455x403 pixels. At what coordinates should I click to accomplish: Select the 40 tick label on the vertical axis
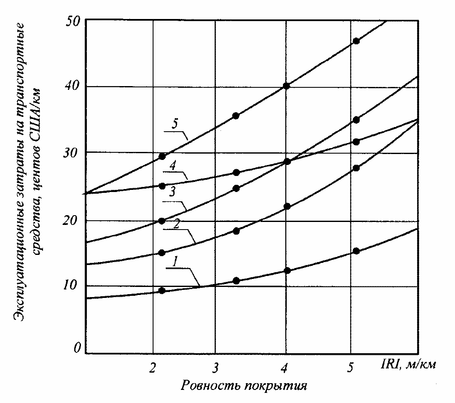coord(74,86)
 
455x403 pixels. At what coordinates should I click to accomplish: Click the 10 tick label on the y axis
coord(74,285)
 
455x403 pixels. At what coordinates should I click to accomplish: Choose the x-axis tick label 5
coord(350,368)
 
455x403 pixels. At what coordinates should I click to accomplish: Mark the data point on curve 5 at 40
coord(287,86)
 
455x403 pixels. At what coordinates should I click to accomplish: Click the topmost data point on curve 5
coord(356,41)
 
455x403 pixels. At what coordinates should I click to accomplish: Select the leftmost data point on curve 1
coord(162,290)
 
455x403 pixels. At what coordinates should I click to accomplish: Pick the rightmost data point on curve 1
coord(356,251)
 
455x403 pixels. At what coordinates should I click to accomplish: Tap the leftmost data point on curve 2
coord(162,253)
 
